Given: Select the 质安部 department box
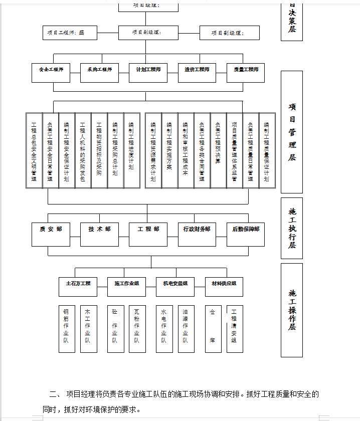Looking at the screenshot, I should (x=51, y=234).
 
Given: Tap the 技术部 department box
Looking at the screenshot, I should (x=99, y=234).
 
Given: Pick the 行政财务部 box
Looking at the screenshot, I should (x=197, y=234).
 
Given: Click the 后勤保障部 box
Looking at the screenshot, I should (x=246, y=234).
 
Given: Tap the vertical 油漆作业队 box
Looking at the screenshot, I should (x=186, y=329).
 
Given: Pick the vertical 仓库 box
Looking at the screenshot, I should (x=213, y=329).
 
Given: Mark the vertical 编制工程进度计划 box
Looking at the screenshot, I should (x=132, y=150).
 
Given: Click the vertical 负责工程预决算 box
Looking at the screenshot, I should (x=218, y=150).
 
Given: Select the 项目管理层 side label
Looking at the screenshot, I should (x=292, y=132).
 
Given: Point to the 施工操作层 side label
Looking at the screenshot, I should (x=292, y=310).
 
